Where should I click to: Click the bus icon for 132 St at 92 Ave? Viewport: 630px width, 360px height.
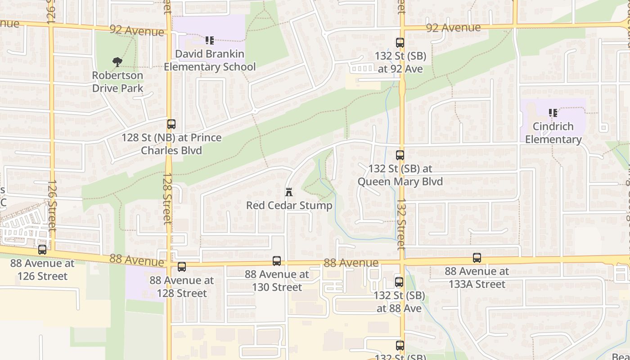pos(400,43)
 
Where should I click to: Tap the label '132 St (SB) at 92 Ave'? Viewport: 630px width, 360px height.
pos(400,63)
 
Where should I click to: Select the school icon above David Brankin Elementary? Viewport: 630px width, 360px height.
pos(210,40)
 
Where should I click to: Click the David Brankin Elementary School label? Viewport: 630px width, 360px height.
pos(210,60)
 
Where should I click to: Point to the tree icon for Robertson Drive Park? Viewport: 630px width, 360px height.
pos(117,62)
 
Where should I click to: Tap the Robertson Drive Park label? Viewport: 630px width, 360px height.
pos(117,81)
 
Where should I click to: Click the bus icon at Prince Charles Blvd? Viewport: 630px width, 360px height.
pos(171,124)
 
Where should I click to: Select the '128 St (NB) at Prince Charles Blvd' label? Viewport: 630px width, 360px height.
pos(171,144)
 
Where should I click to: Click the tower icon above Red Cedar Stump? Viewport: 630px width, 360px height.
pos(289,193)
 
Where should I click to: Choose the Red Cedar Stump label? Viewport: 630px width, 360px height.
pos(289,206)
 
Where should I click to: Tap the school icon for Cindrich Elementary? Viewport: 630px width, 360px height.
pos(553,113)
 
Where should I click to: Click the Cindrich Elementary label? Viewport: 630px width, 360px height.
pos(553,133)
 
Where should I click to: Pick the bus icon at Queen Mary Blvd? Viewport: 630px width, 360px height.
pos(400,155)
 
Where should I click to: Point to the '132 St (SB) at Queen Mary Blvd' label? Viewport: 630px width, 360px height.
pos(400,175)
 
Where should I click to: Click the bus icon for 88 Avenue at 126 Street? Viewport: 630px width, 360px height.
pos(42,249)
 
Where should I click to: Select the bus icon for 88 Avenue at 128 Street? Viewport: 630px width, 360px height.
pos(182,267)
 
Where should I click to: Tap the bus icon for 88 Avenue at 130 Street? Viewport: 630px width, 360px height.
pos(277,261)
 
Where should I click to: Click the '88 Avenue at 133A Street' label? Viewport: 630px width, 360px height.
pos(477,278)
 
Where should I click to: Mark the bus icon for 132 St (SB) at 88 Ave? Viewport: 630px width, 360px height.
pos(399,282)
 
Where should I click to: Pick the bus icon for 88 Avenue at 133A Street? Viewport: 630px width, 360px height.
pos(477,258)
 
